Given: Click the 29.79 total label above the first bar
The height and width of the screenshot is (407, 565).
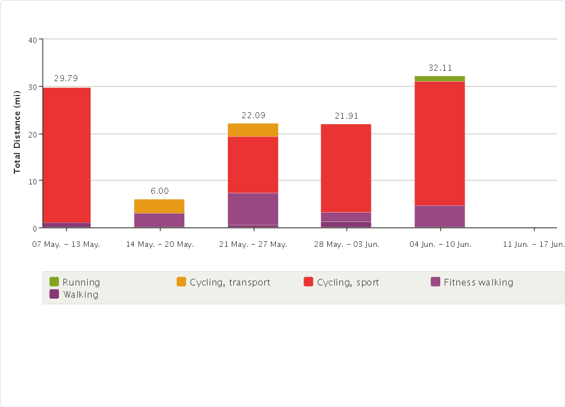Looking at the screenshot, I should (66, 78).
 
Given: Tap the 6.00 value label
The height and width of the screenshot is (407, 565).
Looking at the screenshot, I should (159, 191).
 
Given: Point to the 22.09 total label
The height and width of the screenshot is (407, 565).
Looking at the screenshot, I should (253, 115).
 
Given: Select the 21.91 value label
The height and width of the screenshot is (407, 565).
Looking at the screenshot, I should (347, 116).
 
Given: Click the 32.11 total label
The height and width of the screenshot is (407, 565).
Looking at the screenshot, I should (440, 68).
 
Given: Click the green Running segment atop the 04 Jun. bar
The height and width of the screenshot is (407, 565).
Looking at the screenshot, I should (440, 78).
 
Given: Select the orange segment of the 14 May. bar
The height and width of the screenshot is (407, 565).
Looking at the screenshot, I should (159, 206).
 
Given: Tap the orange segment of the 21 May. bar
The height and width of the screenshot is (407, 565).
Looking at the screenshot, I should (253, 130).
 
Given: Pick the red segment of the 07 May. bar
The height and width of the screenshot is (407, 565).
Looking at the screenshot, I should (66, 155).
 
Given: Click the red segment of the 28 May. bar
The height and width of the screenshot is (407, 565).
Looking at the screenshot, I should (346, 168).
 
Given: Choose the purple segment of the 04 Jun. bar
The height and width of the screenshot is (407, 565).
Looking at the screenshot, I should (440, 216).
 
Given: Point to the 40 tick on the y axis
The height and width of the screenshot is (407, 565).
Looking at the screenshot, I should (32, 40).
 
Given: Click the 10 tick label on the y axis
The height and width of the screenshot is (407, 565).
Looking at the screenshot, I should (32, 181).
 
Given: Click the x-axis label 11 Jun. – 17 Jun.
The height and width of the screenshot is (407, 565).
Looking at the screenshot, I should (534, 244).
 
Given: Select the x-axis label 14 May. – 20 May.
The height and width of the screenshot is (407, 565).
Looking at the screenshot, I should (159, 244).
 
